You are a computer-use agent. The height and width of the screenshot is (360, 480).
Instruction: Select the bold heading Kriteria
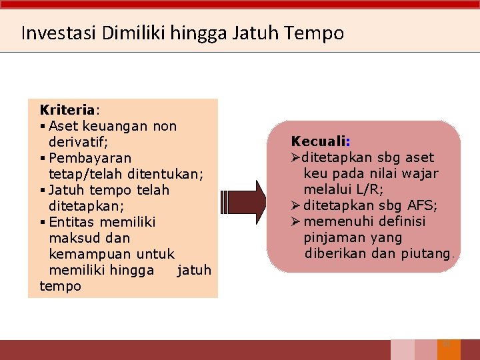click(68, 109)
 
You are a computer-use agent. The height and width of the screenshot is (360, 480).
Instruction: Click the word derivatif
click(77, 142)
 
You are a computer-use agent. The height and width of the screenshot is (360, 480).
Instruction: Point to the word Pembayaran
click(90, 158)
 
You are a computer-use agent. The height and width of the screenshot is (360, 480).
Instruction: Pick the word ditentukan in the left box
click(167, 174)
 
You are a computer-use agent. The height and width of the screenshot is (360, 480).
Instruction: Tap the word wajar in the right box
click(420, 173)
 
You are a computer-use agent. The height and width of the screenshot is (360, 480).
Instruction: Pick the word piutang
click(426, 253)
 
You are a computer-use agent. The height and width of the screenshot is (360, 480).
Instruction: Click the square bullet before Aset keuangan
click(43, 126)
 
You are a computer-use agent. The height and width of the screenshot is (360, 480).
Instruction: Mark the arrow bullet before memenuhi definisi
click(297, 221)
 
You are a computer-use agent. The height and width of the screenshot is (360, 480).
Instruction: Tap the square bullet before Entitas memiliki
click(43, 222)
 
